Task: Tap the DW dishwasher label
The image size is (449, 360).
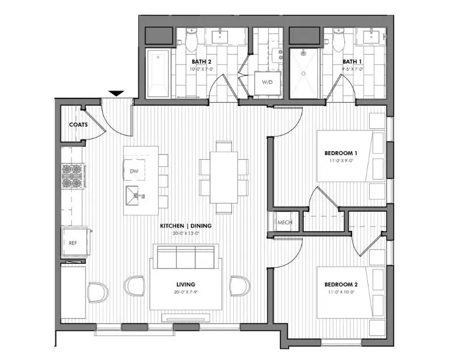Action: pos(134,171)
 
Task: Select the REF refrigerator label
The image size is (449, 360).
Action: pos(73,243)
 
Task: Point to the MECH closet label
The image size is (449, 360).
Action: pos(285,222)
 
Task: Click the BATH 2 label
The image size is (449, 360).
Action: pos(201,61)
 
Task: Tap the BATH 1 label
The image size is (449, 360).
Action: pos(352,61)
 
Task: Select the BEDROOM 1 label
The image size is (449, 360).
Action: pos(341,153)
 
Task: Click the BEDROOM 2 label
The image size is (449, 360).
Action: pos(341,285)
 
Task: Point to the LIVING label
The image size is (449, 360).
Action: pos(185,284)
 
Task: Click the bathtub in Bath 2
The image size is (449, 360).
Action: pos(157,74)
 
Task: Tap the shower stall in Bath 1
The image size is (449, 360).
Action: pos(305,73)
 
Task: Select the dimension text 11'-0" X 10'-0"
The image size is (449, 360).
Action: pos(341,293)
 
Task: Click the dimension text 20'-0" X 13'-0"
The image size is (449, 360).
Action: pos(186,233)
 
